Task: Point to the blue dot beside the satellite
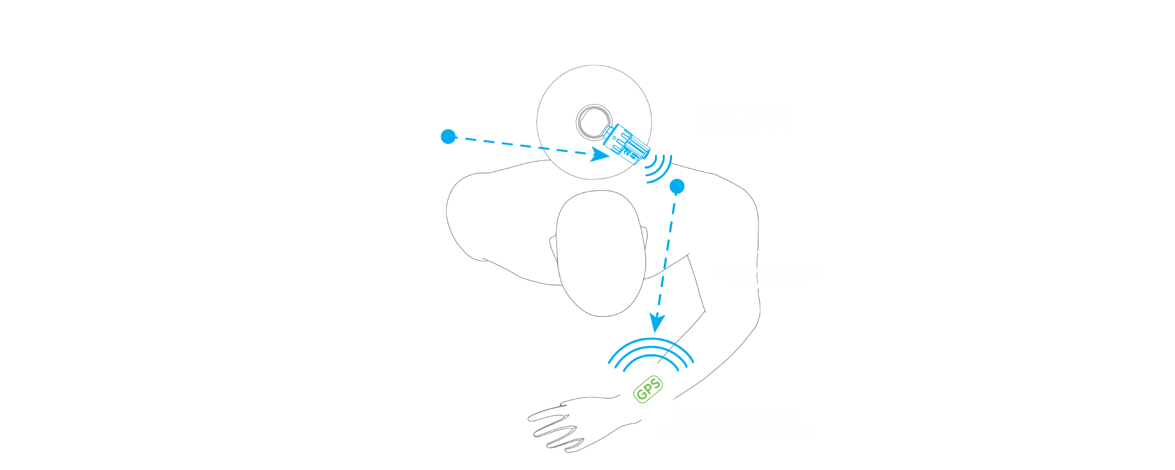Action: tap(448, 136)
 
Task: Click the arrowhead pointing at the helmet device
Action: tap(600, 155)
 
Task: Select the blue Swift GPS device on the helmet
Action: tap(626, 143)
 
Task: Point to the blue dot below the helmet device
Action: tap(677, 187)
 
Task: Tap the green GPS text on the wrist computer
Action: tap(649, 390)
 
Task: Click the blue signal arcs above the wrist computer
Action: tap(651, 352)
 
